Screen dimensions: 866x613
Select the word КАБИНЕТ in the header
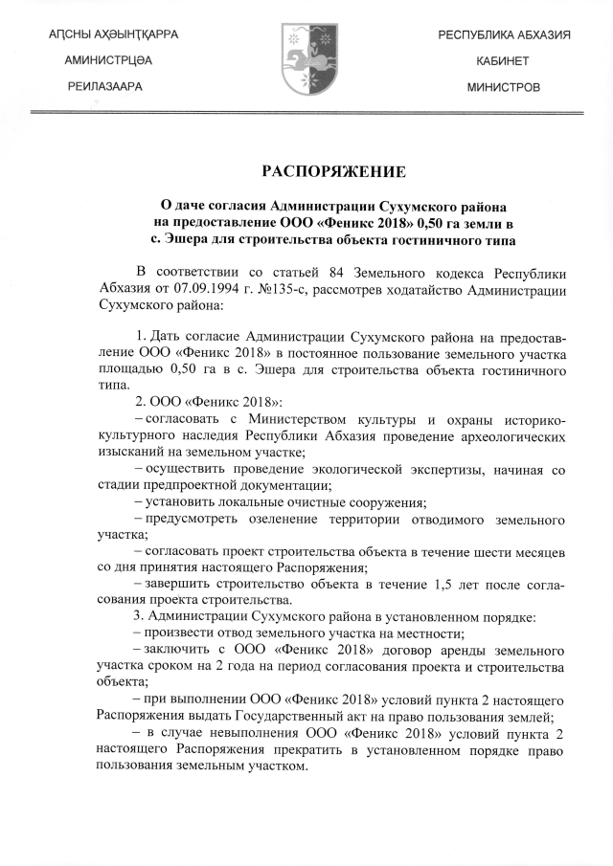point(504,60)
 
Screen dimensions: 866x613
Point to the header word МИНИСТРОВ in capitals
point(504,87)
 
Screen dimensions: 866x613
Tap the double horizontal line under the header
point(306,113)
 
